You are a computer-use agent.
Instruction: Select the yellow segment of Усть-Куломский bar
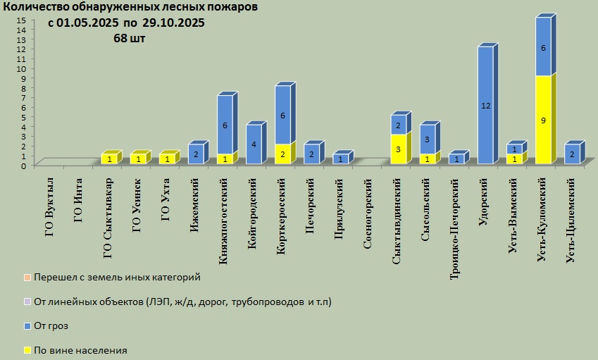(543, 120)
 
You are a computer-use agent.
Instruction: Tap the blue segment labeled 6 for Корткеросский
(283, 115)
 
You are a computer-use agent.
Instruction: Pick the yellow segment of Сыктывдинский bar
(399, 149)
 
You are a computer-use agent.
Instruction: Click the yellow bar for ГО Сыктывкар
(110, 159)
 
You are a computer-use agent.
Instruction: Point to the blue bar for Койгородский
(254, 144)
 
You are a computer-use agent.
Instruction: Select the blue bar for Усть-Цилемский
(572, 154)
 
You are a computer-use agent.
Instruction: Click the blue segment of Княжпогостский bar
(225, 125)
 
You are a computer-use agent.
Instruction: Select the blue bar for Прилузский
(341, 159)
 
